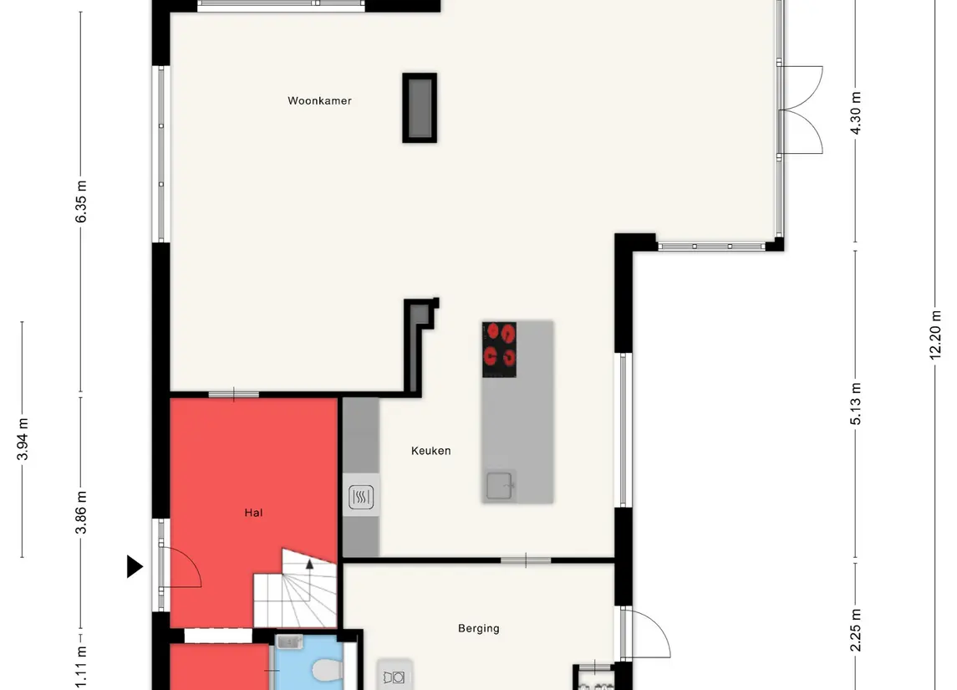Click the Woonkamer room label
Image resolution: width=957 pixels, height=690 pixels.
(319, 100)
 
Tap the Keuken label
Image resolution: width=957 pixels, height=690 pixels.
(431, 451)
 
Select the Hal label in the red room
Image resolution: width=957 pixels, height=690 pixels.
(253, 513)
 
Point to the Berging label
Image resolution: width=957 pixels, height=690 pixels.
(478, 628)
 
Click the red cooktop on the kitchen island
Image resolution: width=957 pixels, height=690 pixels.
(499, 350)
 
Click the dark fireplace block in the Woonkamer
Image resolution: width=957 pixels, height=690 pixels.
(420, 108)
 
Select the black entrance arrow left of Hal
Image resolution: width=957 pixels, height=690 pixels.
(135, 566)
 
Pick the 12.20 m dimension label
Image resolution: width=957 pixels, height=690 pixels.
(935, 335)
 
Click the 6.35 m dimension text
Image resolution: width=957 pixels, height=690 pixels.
(81, 202)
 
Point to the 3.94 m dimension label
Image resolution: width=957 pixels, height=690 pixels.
(23, 439)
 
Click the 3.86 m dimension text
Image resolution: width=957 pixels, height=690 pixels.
(81, 513)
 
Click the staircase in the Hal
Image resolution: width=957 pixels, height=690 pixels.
(295, 590)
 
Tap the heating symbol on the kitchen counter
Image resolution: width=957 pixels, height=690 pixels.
(361, 497)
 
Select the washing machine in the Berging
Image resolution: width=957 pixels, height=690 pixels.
(395, 676)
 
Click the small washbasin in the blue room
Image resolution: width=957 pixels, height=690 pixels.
(289, 641)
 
